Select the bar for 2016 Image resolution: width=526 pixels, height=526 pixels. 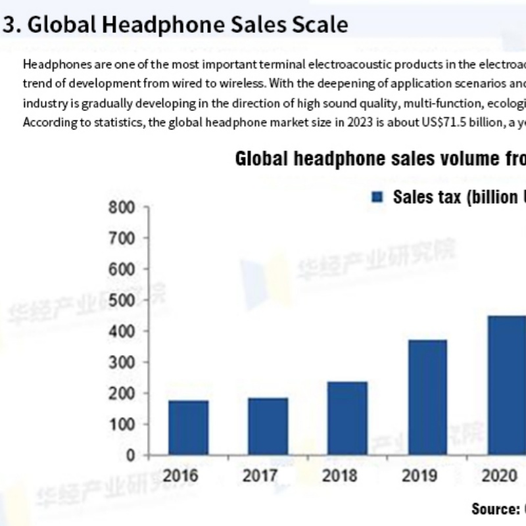coord(188,427)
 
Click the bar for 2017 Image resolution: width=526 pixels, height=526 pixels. coord(268,426)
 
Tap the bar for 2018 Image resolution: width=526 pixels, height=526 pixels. coord(347,418)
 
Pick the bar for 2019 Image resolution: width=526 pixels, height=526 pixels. coord(427,397)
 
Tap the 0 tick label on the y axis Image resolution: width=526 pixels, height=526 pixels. coord(130,455)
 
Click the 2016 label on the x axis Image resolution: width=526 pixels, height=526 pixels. coord(180,475)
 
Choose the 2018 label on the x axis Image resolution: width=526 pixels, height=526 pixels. coord(339,475)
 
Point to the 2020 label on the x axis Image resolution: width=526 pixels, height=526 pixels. coord(500,475)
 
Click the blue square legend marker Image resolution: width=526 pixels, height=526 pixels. coord(377,197)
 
